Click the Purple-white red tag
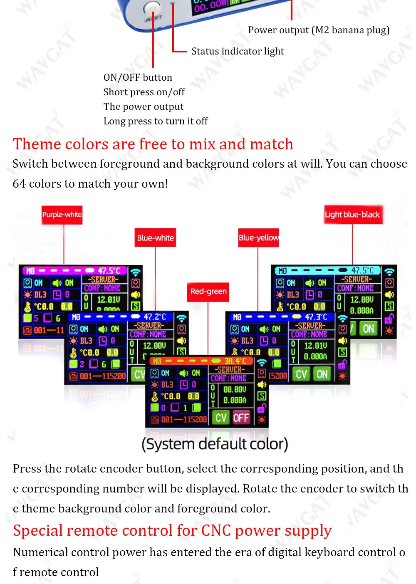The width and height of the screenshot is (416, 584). [62, 215]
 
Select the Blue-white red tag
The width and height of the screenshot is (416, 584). [155, 238]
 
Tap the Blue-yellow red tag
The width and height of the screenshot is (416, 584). [258, 238]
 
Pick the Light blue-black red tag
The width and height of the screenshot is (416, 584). [352, 215]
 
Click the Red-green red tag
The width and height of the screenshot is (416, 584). [208, 292]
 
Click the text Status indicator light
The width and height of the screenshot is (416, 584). [238, 51]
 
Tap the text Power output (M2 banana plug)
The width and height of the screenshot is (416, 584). [319, 30]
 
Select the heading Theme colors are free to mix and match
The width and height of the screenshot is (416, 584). [153, 144]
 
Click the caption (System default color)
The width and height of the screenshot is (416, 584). [215, 444]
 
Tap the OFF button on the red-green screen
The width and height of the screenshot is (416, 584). [241, 418]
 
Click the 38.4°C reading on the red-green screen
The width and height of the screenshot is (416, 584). [235, 361]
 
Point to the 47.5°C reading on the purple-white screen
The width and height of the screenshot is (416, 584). [109, 271]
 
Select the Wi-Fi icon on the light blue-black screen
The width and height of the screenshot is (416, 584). [389, 272]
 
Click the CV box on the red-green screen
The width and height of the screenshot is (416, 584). [221, 418]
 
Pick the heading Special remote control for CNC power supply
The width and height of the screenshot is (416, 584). [172, 530]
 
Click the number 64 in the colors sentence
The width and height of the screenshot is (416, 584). [19, 184]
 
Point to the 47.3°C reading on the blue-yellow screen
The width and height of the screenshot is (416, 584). [316, 317]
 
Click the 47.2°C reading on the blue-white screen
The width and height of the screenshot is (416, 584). [155, 317]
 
